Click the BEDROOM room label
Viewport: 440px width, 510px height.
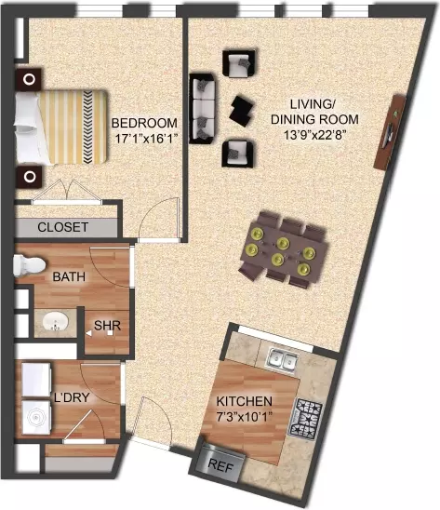click(144, 123)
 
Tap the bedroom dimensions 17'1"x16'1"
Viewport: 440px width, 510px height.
click(146, 139)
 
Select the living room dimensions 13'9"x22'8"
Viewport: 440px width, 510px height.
click(314, 135)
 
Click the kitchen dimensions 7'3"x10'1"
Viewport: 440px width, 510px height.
click(245, 417)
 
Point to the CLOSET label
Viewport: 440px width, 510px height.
click(62, 227)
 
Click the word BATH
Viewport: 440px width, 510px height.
click(69, 276)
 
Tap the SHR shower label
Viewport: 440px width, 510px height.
click(107, 325)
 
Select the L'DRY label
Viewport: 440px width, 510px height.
click(72, 397)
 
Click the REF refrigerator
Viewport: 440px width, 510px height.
click(220, 463)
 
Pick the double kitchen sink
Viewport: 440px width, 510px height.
click(282, 359)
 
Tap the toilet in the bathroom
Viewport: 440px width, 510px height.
click(29, 265)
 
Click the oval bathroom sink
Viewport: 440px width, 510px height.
click(56, 322)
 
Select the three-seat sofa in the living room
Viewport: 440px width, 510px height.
click(203, 109)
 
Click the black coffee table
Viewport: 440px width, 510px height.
click(242, 112)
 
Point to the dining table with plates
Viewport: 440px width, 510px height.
click(283, 249)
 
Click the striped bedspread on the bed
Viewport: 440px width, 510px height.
click(73, 127)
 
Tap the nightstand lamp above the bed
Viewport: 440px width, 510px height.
click(29, 79)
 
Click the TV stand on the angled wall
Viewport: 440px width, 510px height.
click(390, 132)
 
